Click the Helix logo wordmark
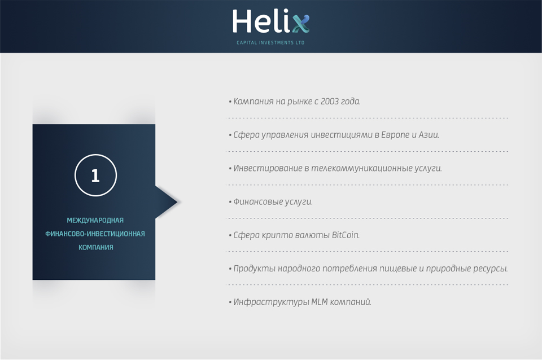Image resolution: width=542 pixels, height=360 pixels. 270,21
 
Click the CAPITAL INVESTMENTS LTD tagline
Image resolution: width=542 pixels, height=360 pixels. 270,42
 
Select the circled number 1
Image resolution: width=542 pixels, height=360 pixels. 96,175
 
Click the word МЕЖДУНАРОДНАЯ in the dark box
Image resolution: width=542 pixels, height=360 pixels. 95,221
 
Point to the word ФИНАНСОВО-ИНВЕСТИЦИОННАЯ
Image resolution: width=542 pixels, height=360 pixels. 95,234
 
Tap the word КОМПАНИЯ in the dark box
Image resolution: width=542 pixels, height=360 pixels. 96,247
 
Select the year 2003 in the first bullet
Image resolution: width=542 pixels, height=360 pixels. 329,101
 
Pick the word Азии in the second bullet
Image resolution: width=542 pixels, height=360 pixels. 429,135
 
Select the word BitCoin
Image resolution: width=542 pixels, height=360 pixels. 346,235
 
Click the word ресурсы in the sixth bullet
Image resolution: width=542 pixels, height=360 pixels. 490,269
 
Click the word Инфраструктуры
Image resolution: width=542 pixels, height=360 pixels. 271,302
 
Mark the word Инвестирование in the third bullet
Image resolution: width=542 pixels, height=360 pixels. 268,168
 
